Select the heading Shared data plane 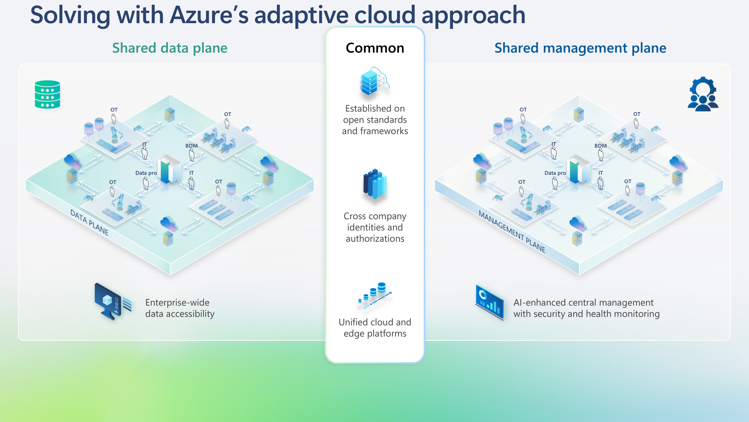point(170,48)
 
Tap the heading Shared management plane point(580,48)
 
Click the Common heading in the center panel point(375,48)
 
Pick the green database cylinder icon point(47,94)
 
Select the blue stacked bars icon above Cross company point(375,183)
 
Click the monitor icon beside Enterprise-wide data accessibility point(112,301)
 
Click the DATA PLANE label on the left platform point(89,222)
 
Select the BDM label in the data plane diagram point(191,146)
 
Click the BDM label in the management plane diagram point(601,146)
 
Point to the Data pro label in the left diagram point(146,173)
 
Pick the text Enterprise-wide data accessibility point(180,308)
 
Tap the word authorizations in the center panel point(375,239)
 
